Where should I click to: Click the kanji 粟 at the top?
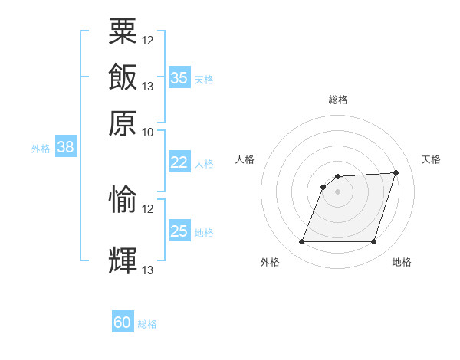(123, 31)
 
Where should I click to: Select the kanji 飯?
(123, 77)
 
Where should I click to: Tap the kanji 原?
(123, 123)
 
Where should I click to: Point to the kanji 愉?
(123, 199)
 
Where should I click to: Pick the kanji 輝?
(123, 260)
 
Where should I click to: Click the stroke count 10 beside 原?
(147, 133)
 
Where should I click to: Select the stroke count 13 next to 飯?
(147, 87)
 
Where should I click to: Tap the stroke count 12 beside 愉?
(147, 209)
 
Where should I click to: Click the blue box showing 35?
(179, 77)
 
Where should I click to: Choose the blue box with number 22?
(179, 162)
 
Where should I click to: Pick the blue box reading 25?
(179, 230)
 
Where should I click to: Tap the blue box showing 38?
(66, 146)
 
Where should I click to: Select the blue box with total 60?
(123, 321)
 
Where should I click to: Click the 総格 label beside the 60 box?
(147, 324)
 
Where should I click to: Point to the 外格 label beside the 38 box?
(41, 149)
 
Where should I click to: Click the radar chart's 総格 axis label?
(338, 100)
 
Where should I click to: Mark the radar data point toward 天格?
(396, 172)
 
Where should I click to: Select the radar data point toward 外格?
(301, 241)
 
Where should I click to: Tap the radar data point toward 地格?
(373, 241)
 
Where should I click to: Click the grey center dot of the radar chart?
(337, 191)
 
